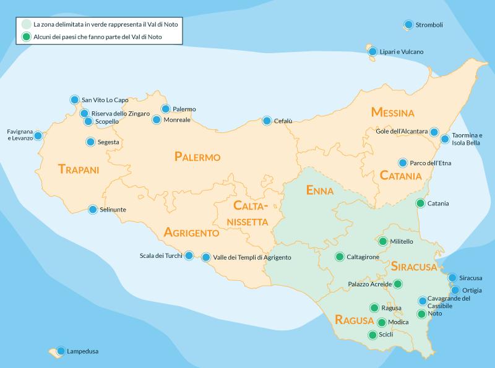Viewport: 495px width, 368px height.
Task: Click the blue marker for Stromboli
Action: (408, 25)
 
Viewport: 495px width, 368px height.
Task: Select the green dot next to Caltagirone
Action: (339, 256)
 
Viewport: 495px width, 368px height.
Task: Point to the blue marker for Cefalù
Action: (267, 121)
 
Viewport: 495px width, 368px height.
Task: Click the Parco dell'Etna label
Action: (432, 163)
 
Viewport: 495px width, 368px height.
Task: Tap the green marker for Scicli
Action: (372, 335)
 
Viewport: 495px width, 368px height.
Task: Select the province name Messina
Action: (392, 113)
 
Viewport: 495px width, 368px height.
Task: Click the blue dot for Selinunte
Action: (93, 210)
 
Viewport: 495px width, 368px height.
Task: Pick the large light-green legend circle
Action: (25, 24)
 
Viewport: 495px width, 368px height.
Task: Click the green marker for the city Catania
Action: (420, 203)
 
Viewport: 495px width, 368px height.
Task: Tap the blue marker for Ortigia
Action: (455, 290)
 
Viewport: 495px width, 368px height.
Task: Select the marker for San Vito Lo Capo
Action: (74, 100)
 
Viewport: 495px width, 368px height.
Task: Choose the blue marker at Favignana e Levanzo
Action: (38, 135)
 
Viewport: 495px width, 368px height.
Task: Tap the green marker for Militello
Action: (382, 241)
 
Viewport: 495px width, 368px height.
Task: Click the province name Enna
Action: (320, 190)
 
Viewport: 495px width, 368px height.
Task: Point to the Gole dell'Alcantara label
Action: (402, 131)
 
